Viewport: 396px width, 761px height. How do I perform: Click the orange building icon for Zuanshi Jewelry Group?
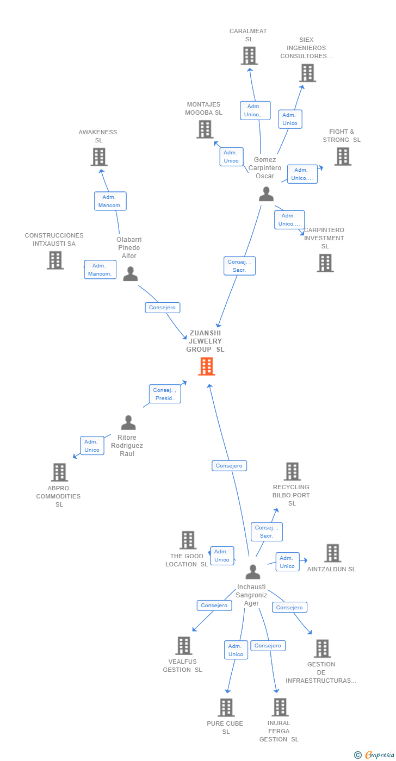click(207, 366)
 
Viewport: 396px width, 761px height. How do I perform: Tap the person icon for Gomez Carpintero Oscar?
click(266, 194)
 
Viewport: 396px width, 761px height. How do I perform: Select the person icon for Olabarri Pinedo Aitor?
click(130, 273)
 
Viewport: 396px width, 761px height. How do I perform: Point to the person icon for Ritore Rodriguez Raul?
click(128, 422)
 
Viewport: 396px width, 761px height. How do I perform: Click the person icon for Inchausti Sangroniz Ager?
click(253, 572)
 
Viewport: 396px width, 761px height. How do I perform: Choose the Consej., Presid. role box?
click(165, 394)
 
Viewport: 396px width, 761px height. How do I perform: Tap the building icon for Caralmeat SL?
click(250, 55)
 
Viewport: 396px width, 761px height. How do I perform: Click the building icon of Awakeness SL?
click(99, 157)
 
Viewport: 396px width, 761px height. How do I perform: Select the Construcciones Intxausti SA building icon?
click(55, 260)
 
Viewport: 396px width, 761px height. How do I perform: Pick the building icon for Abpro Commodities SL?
click(59, 472)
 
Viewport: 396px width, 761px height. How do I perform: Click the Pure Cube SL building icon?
click(226, 707)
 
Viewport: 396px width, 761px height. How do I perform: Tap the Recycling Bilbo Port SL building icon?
click(292, 471)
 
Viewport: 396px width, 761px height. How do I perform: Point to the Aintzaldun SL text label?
click(331, 569)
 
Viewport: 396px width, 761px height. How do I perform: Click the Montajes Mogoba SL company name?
click(203, 108)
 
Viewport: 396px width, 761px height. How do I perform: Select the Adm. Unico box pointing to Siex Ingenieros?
click(290, 119)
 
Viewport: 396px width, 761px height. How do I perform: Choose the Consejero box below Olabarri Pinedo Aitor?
click(163, 308)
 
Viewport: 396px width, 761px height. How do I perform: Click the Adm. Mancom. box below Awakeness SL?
click(110, 201)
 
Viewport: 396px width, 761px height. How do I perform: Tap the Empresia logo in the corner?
click(375, 755)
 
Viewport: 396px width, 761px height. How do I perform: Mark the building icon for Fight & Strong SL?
click(343, 157)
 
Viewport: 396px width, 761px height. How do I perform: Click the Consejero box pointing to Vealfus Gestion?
click(214, 606)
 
